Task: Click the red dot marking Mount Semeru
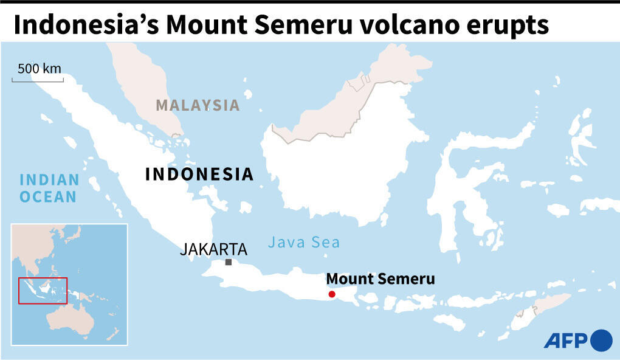tap(332, 294)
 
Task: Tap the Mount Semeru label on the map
tap(381, 279)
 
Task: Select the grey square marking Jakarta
tap(229, 262)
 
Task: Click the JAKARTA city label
tap(213, 249)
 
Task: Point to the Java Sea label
tap(304, 243)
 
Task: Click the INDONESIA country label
tap(199, 175)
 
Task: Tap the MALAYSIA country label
tap(198, 105)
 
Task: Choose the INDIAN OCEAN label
tap(49, 188)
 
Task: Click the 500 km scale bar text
tap(40, 69)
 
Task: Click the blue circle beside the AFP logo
tap(601, 340)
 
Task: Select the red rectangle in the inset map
tap(43, 290)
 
